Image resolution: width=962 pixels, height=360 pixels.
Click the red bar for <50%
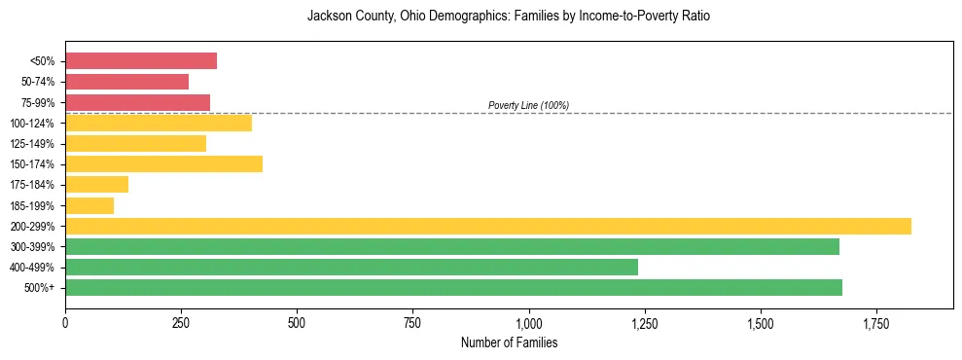[141, 61]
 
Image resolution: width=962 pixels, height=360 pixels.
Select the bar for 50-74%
[126, 82]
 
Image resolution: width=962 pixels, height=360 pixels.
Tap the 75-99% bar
[137, 102]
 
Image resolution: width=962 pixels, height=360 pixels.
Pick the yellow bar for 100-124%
[159, 123]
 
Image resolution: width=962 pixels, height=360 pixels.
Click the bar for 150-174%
[163, 163]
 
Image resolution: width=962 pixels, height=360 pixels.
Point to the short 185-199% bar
[89, 205]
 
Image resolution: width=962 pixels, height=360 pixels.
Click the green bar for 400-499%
[351, 267]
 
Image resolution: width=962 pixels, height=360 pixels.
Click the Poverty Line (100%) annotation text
[528, 105]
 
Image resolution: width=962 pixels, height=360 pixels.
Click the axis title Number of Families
[509, 342]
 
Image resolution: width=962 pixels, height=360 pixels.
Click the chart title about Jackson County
[509, 17]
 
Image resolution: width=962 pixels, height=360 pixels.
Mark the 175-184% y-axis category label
[32, 185]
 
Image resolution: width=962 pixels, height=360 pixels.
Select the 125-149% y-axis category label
[32, 144]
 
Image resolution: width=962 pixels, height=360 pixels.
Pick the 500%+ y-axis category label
[39, 288]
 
